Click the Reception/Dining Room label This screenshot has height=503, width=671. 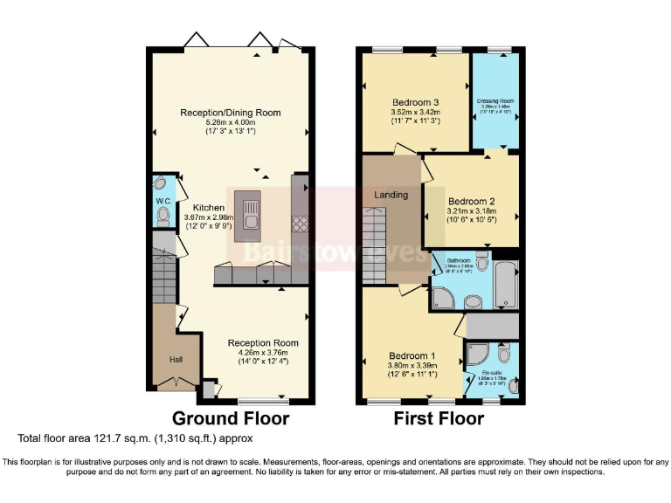231,113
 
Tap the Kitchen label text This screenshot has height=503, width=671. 197,207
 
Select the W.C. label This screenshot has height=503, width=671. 163,201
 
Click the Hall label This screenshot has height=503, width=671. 169,357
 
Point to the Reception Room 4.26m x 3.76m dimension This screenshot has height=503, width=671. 263,353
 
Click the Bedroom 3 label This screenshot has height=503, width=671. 414,102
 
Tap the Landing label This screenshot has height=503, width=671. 391,195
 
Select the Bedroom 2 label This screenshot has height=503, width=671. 471,200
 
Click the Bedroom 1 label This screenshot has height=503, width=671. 412,355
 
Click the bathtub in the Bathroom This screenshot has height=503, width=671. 505,281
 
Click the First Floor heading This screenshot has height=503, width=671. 439,418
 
